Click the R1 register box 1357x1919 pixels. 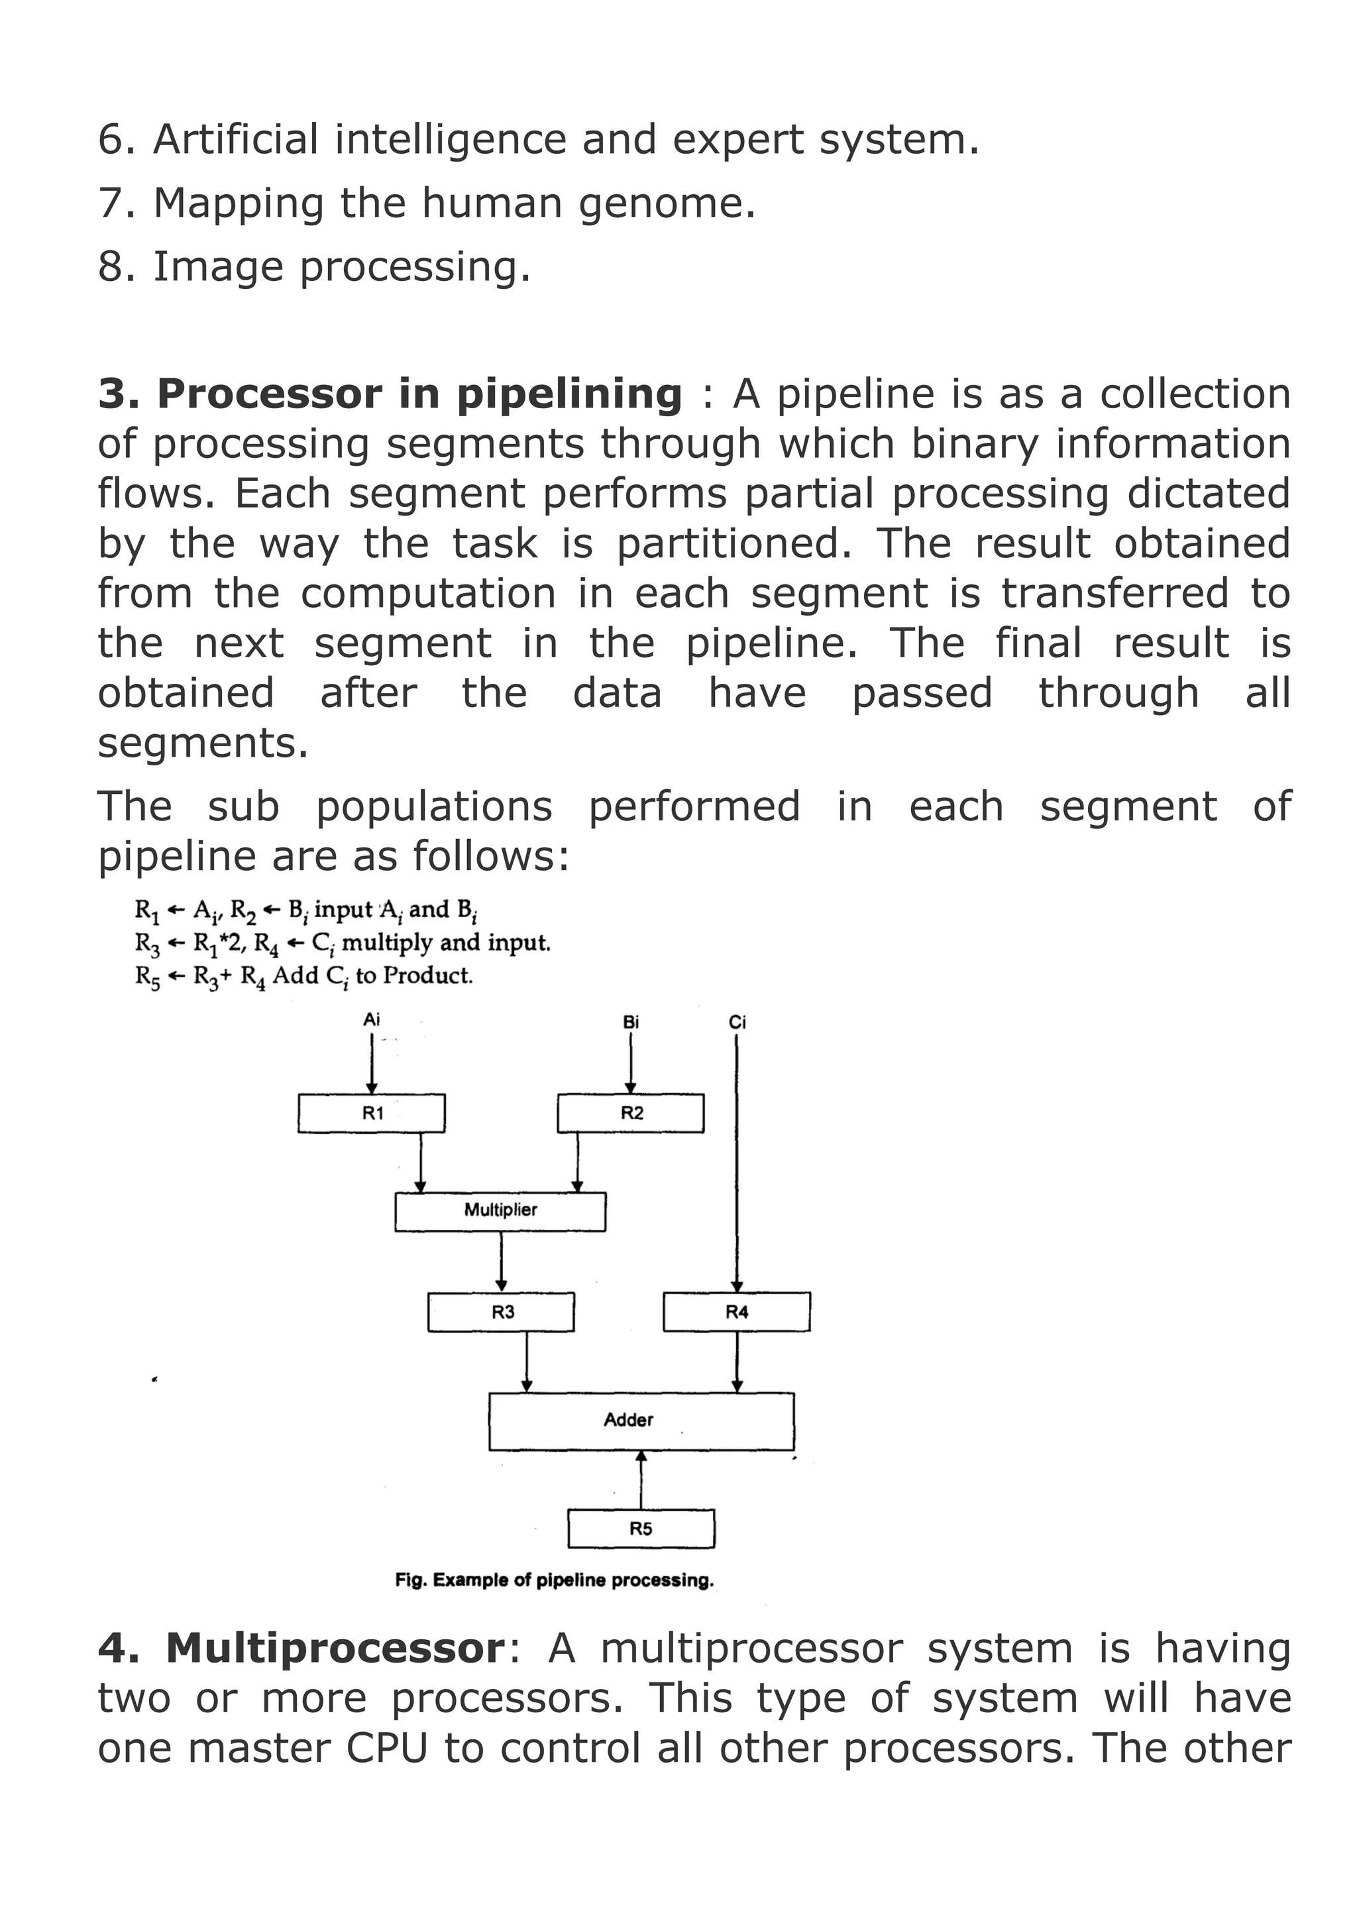pyautogui.click(x=371, y=1113)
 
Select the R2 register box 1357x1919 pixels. pyautogui.click(x=631, y=1113)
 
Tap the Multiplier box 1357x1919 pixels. pyautogui.click(x=500, y=1211)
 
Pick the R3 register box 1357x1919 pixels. pyautogui.click(x=502, y=1311)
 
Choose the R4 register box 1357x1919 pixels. pyautogui.click(x=736, y=1311)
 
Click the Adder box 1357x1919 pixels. pyautogui.click(x=641, y=1420)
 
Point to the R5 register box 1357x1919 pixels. pyautogui.click(x=641, y=1529)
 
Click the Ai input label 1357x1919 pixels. pyautogui.click(x=371, y=1020)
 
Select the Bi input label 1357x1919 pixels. pyautogui.click(x=631, y=1021)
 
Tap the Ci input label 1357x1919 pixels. pyautogui.click(x=737, y=1021)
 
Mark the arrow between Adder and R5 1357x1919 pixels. pyautogui.click(x=641, y=1480)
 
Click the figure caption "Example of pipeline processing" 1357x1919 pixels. pyautogui.click(x=554, y=1580)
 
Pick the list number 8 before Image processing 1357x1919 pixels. pyautogui.click(x=111, y=268)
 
